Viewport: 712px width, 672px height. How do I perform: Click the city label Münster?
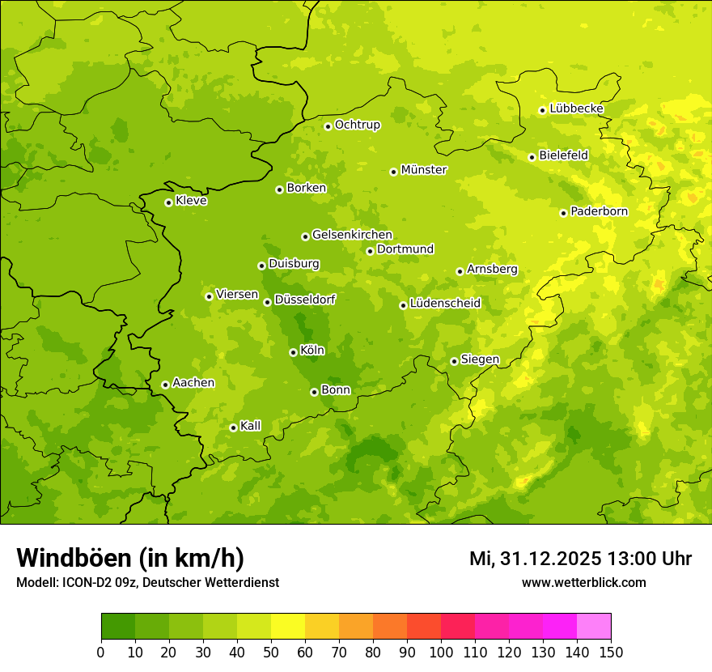coord(424,170)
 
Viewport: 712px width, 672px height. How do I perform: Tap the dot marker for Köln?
coord(293,352)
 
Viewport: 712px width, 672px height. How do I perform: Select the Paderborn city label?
coord(599,211)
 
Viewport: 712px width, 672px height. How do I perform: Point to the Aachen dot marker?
coord(165,385)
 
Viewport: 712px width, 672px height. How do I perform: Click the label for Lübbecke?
coord(576,108)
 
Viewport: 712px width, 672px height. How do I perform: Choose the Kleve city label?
coord(191,201)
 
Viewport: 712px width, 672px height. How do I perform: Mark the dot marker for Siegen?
coord(454,361)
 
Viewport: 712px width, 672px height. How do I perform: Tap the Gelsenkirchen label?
coord(352,235)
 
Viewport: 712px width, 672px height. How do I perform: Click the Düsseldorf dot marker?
coord(267,302)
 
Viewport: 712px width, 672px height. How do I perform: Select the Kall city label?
coord(251,426)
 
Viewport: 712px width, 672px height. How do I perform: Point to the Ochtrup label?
coord(357,125)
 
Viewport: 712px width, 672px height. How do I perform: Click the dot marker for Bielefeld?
coord(532,157)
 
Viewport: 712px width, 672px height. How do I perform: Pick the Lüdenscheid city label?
coord(445,304)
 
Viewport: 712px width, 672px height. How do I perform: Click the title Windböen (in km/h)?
coord(130,559)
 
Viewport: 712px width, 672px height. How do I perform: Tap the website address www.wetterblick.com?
coord(583,583)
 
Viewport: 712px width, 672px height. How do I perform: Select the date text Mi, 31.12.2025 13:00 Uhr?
coord(580,559)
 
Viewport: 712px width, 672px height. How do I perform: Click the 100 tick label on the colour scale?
coord(441,651)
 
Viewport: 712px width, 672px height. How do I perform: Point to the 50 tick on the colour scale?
coord(271,651)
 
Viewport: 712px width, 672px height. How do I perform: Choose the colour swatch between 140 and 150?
coord(594,627)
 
